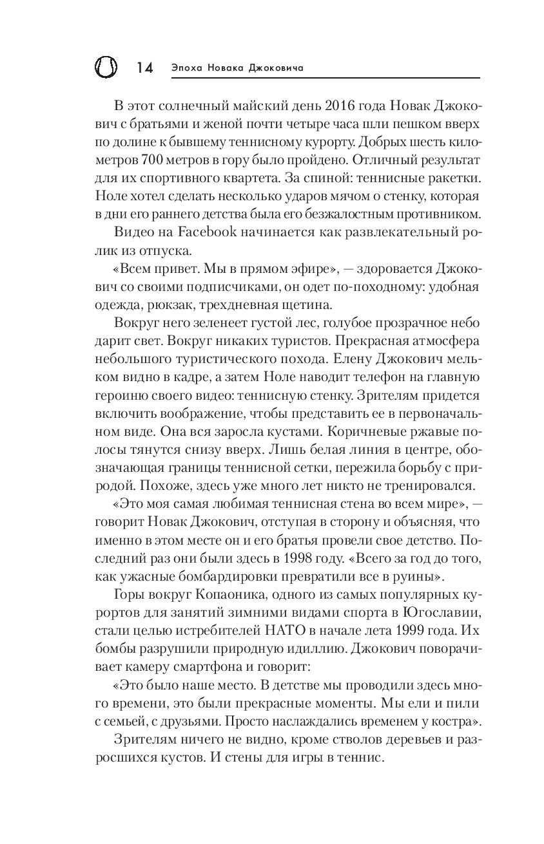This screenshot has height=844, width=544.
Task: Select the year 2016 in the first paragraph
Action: pyautogui.click(x=345, y=105)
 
